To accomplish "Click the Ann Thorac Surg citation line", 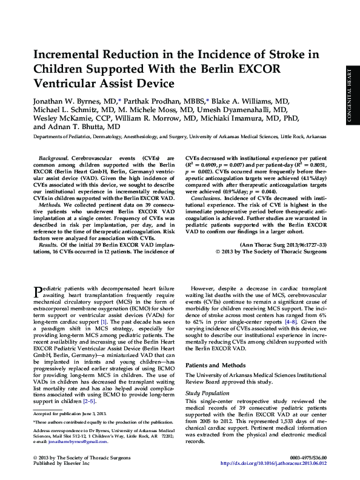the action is [284, 244].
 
